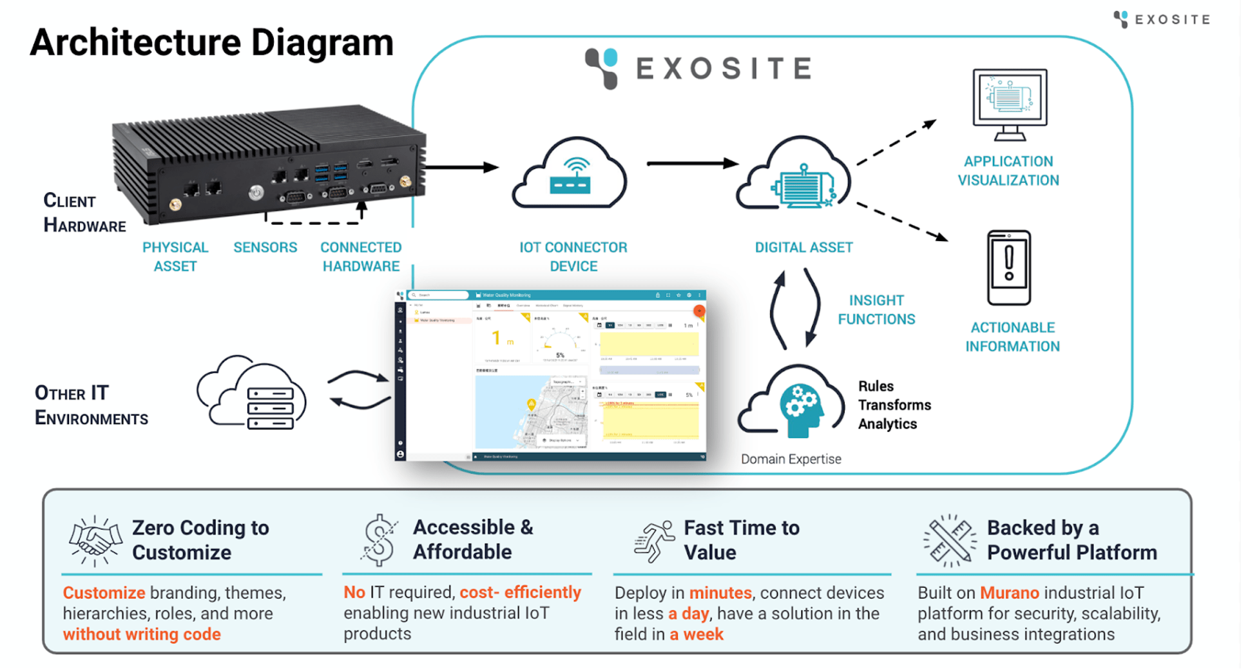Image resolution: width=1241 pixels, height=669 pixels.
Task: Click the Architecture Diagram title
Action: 211,43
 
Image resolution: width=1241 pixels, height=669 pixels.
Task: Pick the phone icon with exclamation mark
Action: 1009,267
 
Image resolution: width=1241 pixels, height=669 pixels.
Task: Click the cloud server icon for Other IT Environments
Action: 253,393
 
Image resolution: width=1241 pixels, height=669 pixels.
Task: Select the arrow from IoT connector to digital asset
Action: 692,164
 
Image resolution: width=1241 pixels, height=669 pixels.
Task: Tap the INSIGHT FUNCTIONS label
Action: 876,309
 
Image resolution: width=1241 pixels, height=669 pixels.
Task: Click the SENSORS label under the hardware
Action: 265,247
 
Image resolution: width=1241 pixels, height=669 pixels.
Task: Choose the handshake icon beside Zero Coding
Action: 95,540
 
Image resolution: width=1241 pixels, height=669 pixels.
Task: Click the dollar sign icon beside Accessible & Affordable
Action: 379,540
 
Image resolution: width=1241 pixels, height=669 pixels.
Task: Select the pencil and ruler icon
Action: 948,540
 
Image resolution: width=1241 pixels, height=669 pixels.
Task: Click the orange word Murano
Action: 1009,592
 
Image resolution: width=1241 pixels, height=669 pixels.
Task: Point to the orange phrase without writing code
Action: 142,634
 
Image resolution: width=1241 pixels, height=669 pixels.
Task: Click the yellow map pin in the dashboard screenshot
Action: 531,404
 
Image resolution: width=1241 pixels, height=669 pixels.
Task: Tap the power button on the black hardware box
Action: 256,192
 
